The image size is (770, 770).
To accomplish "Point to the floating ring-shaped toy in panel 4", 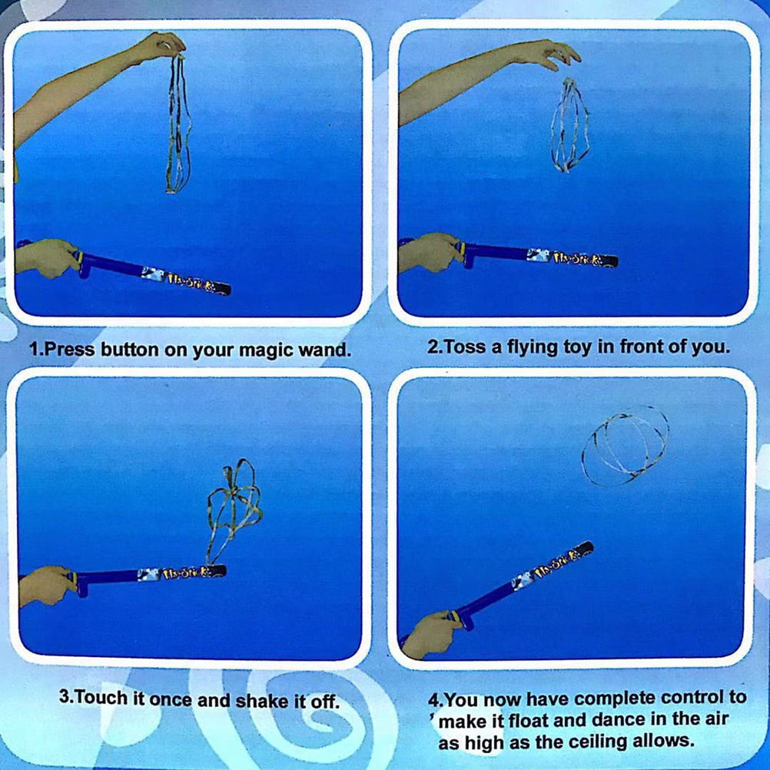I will [625, 446].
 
